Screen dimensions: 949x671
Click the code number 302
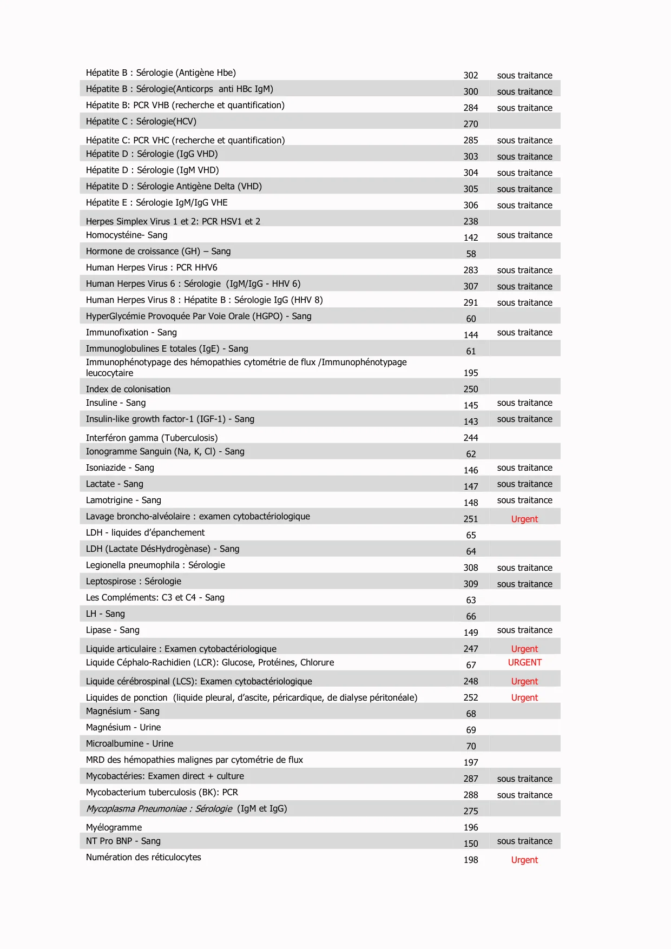[471, 76]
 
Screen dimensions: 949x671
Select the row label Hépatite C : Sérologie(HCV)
[141, 122]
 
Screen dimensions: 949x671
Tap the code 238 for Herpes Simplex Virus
[471, 221]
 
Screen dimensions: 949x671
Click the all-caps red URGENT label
[524, 663]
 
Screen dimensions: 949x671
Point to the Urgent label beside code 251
[524, 519]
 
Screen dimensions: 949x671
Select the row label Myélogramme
[114, 828]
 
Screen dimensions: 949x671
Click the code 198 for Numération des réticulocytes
[471, 860]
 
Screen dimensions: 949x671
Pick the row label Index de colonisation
[128, 390]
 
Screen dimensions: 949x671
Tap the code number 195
[471, 373]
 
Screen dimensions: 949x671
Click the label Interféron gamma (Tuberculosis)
[152, 438]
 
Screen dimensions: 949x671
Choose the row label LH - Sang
[105, 614]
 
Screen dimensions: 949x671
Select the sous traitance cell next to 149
[524, 630]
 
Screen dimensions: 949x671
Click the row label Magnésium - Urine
[123, 728]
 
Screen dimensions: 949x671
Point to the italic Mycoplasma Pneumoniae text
[159, 809]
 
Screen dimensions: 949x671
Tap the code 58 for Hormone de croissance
[471, 254]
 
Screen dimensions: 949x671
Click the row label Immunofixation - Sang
[131, 333]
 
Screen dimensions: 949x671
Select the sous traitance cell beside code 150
[524, 841]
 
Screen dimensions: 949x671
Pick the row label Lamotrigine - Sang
[123, 500]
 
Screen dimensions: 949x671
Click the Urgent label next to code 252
[524, 698]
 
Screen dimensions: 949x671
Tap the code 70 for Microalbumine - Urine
[471, 747]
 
